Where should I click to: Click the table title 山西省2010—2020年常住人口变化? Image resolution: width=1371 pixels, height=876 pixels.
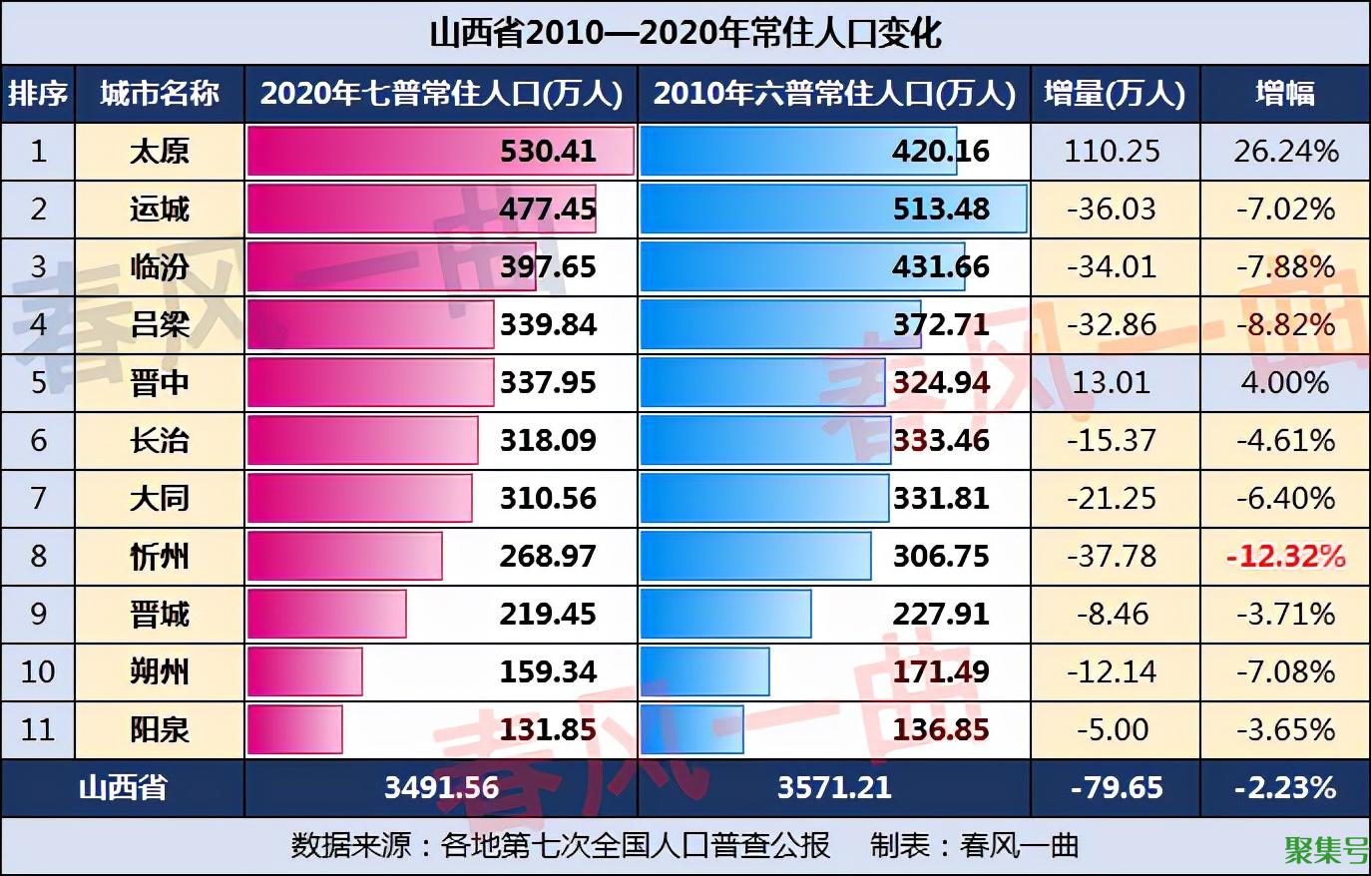[x=685, y=33]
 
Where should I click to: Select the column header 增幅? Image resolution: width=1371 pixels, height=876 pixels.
[x=1284, y=94]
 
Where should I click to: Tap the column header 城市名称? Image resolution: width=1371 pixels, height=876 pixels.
[x=159, y=94]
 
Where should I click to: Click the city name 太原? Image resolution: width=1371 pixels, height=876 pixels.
[x=159, y=152]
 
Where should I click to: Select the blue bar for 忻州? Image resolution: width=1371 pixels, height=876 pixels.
[x=754, y=557]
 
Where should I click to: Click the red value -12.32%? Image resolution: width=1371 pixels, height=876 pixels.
[x=1285, y=557]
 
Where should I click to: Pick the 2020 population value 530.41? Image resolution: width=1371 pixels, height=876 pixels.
[x=548, y=152]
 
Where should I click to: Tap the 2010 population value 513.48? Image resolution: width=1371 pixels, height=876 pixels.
[x=941, y=210]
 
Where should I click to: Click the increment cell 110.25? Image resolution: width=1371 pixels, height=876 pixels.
[x=1113, y=152]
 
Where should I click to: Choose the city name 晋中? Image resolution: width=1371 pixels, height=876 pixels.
[x=159, y=383]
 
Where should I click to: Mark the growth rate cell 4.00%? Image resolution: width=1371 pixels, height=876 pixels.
[x=1285, y=383]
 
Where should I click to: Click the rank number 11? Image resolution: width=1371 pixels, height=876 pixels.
[x=38, y=730]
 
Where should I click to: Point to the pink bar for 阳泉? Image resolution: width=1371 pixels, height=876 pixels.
[x=294, y=730]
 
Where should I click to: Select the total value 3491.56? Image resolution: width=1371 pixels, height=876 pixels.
[x=441, y=788]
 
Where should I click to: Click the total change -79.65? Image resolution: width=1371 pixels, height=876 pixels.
[x=1116, y=788]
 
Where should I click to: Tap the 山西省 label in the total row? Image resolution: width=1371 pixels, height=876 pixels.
[x=123, y=788]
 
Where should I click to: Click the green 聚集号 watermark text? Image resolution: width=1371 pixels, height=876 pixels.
[x=1326, y=850]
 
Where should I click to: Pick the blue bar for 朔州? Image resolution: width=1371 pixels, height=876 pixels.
[x=704, y=672]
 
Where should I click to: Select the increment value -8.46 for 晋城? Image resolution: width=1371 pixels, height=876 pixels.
[x=1113, y=615]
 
